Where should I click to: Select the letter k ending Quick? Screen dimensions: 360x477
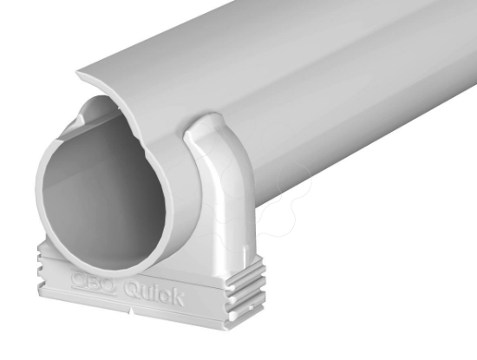pyautogui.click(x=176, y=298)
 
